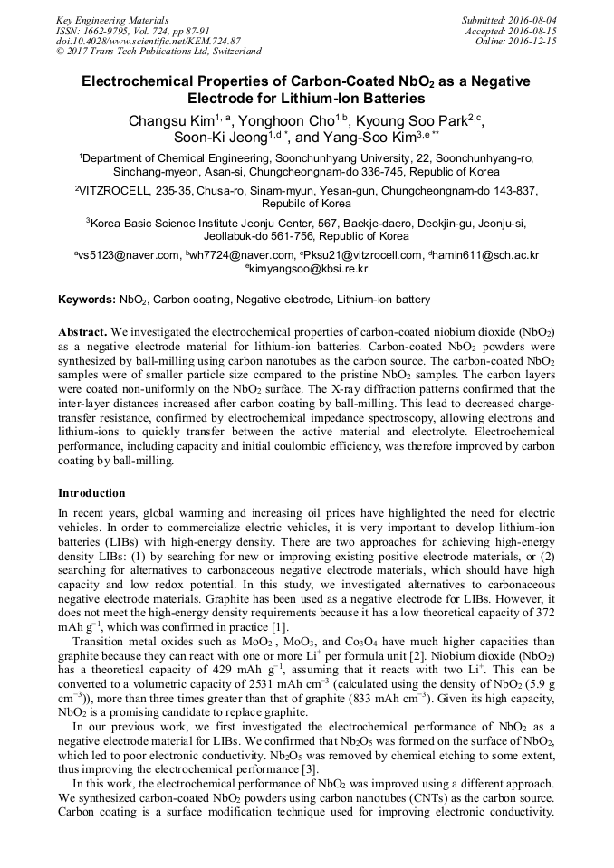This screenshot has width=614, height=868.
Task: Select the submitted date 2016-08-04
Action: pos(535,20)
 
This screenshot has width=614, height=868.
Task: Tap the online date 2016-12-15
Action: pos(535,42)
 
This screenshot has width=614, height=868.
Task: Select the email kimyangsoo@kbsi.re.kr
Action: pos(309,269)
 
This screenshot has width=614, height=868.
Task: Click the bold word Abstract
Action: pos(82,332)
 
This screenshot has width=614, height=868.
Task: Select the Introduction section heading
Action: pos(91,493)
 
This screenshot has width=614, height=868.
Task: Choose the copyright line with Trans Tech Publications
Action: pos(158,52)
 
